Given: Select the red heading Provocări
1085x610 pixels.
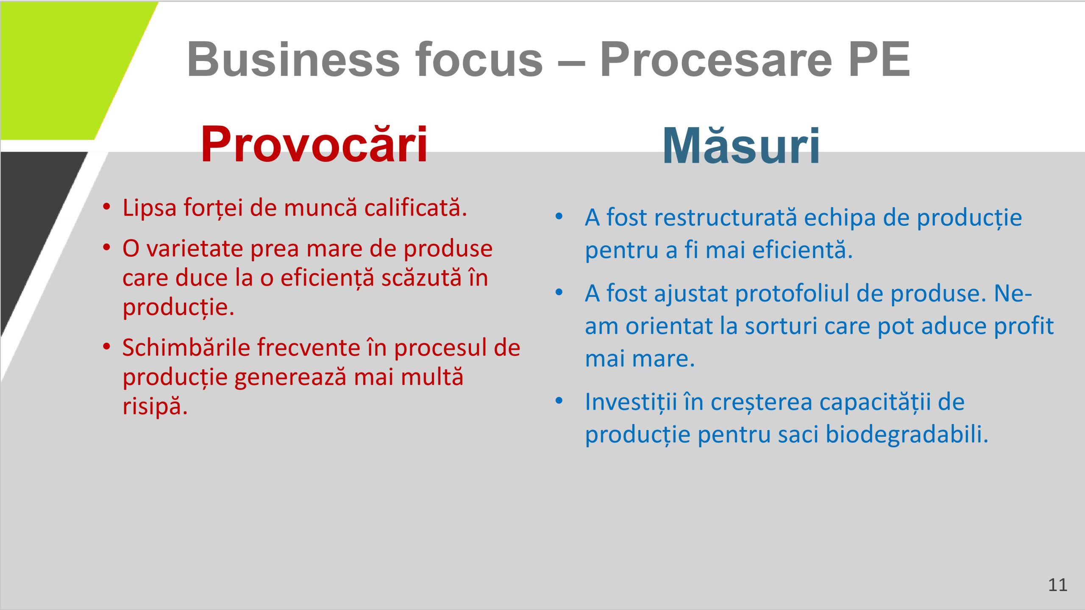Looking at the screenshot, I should coord(314,145).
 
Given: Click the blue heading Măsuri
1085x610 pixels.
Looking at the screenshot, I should coord(741,147).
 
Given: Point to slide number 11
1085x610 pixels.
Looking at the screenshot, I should coord(1057,585).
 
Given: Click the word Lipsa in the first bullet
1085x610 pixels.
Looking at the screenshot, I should coord(149,208).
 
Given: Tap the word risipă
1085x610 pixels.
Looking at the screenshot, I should coord(155,406).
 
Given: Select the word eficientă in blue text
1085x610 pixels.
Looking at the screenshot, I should coord(802,250).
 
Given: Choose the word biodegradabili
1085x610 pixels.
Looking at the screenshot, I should coord(907,435).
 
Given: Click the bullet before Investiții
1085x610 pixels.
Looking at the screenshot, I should coord(559,400).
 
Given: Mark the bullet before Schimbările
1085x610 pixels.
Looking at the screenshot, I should coord(106,347).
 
